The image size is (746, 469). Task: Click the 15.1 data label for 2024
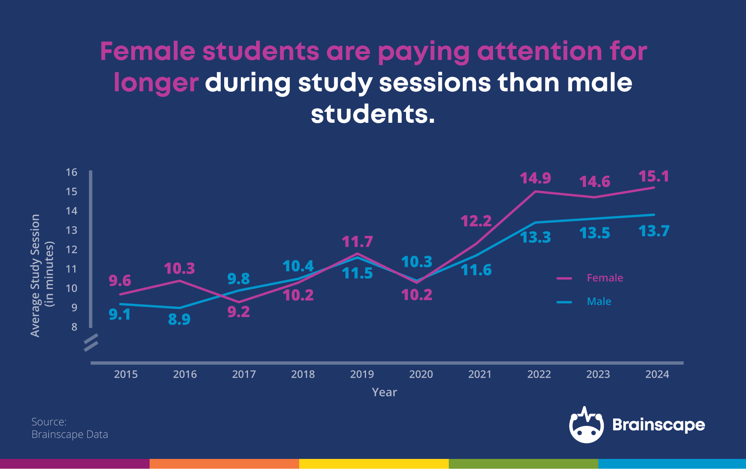[x=654, y=176]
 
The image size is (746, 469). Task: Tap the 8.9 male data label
[x=179, y=319]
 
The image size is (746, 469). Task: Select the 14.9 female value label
[x=535, y=178]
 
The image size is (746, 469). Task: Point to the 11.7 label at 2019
[x=357, y=242]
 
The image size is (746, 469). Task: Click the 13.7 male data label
[x=654, y=231]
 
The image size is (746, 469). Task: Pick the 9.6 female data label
[x=120, y=281]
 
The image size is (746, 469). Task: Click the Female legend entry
[x=605, y=278]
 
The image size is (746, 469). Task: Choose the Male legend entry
[x=599, y=302]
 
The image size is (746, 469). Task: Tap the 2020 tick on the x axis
[x=421, y=374]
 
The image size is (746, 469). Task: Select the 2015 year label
[x=125, y=374]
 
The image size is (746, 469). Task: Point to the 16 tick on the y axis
[x=71, y=172]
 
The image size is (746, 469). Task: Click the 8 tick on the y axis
[x=74, y=327]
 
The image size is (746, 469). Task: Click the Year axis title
[x=384, y=392]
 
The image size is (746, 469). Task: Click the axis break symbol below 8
[x=91, y=342]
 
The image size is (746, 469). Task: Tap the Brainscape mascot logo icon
[x=586, y=425]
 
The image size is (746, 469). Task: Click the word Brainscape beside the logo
[x=659, y=425]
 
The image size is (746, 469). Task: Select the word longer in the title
[x=156, y=83]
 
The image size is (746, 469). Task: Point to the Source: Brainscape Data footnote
[x=70, y=428]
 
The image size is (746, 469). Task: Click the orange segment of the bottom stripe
[x=224, y=464]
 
